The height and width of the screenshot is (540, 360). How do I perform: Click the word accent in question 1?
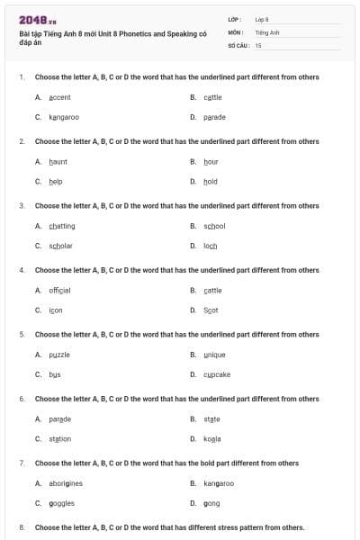59,97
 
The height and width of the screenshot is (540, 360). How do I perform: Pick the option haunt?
58,162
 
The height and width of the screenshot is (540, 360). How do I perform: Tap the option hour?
211,162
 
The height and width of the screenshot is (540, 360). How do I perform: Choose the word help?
56,181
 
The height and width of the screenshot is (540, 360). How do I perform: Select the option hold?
211,181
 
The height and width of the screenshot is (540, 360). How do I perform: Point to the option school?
214,226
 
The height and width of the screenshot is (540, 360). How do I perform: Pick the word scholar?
60,246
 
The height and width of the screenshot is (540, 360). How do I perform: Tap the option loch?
211,246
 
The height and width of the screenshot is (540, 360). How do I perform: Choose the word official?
59,291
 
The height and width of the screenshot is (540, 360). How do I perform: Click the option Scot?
211,310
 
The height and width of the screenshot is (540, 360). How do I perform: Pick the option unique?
214,355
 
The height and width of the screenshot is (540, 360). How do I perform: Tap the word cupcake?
217,374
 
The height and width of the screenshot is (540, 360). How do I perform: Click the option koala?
212,439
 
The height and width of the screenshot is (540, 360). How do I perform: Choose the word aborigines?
67,483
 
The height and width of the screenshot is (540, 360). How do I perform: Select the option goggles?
61,503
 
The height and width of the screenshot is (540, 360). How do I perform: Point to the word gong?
211,503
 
